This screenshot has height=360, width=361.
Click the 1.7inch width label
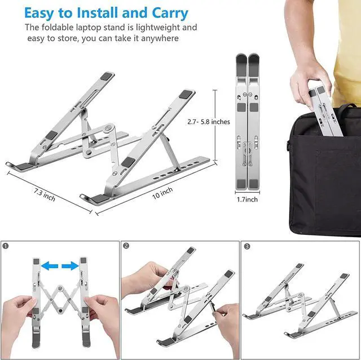pos(246,199)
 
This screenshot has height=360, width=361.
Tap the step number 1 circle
pos(6,246)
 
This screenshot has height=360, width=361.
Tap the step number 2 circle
pos(126,246)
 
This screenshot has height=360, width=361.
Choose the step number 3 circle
pos(247,246)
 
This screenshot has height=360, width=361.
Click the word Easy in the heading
pos(43,12)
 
